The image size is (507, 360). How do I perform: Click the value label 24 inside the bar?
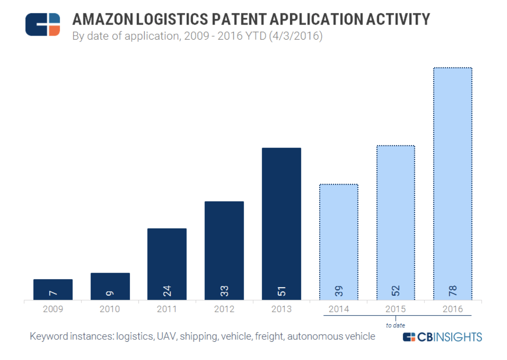pos(167,291)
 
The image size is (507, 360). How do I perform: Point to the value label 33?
pos(224,291)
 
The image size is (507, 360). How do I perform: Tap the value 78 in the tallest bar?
pos(453,291)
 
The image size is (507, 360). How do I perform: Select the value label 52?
pos(396,291)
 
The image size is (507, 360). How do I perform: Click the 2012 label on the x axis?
pos(224,309)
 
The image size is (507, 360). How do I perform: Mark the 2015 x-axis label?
pos(396,309)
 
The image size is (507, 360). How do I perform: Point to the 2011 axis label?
pos(167,309)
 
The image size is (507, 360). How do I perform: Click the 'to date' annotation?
pos(396,325)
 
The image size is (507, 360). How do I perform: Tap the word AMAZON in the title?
pos(102,19)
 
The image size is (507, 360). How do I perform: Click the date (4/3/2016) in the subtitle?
pos(296,36)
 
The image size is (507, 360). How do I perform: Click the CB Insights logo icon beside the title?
pos(43,24)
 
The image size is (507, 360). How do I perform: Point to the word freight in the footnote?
pos(269,336)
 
